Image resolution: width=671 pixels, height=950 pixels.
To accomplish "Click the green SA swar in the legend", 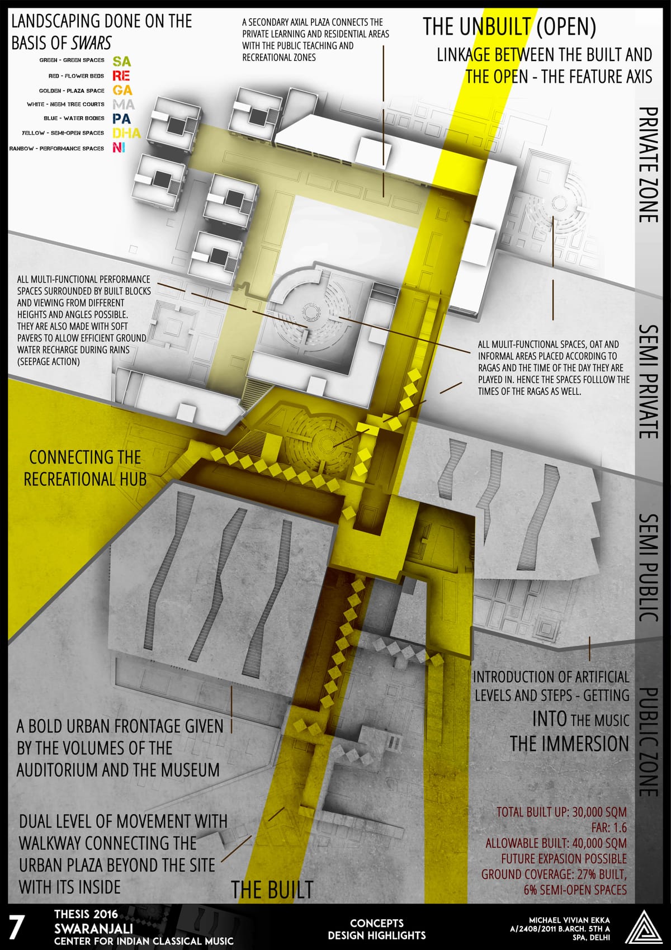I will (x=121, y=61).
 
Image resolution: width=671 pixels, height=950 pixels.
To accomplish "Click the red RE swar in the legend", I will (x=121, y=75).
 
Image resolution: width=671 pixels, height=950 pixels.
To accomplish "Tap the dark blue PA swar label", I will (x=121, y=119).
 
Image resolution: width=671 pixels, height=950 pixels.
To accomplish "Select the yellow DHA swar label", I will (x=126, y=133).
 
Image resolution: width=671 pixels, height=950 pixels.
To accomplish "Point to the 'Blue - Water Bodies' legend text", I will (x=74, y=119).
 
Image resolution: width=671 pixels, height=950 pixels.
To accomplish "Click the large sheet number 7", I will (x=17, y=927).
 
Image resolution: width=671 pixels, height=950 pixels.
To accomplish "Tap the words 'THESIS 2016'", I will (x=86, y=914).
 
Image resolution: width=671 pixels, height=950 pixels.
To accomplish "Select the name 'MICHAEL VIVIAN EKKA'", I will (x=569, y=920).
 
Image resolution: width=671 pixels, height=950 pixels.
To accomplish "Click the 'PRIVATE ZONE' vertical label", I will (x=648, y=164).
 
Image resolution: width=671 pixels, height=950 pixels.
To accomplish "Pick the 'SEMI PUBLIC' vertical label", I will (x=648, y=568).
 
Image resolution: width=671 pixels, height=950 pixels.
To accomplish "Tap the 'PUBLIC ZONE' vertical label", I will (x=648, y=742).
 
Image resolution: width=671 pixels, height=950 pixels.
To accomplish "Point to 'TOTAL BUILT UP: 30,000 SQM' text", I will (x=561, y=812).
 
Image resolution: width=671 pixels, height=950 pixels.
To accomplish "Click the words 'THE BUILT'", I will (x=272, y=890).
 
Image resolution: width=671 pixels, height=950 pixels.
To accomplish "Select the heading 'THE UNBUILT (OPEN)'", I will (x=509, y=26).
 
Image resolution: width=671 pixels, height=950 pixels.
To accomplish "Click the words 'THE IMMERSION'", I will (x=569, y=744).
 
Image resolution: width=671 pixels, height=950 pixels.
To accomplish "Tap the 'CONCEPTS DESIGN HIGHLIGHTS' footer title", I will (x=376, y=929).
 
